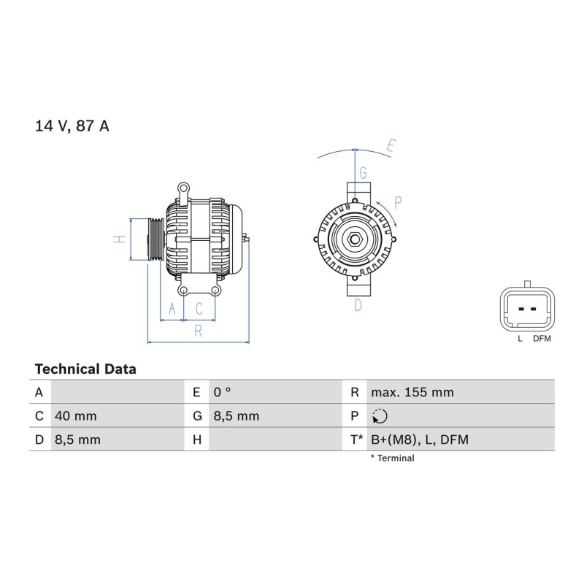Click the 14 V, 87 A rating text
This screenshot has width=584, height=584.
tap(72, 126)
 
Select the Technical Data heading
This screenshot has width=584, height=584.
tap(85, 369)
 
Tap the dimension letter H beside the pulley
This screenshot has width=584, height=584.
tap(120, 239)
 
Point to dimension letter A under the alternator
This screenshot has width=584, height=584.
tap(172, 309)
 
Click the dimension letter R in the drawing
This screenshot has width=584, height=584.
tap(198, 331)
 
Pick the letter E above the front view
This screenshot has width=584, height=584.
tap(391, 145)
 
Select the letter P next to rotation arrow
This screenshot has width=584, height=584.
tap(398, 203)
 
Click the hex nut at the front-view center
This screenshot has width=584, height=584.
tap(355, 239)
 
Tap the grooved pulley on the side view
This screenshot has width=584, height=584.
tap(156, 239)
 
